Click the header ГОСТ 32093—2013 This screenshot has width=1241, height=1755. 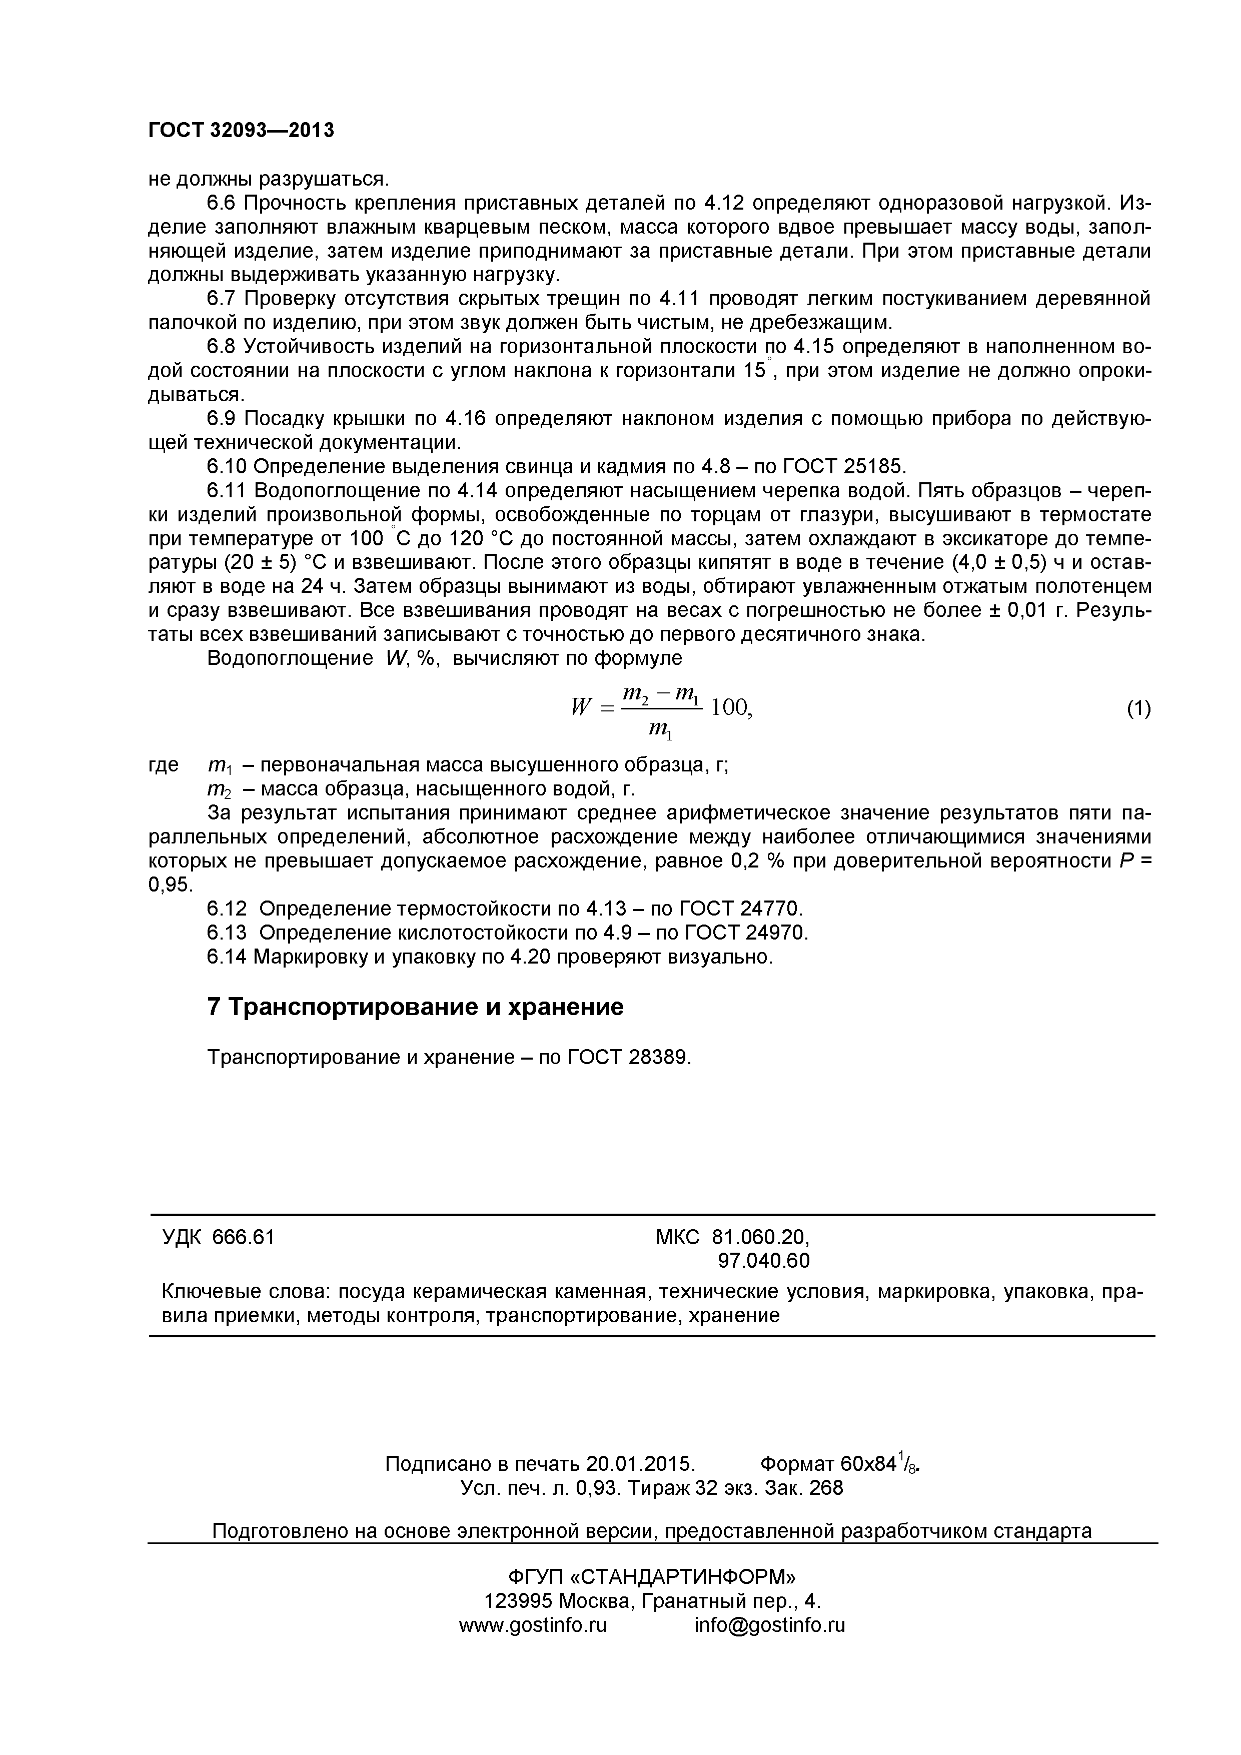coord(241,131)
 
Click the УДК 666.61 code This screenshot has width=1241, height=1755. coord(218,1237)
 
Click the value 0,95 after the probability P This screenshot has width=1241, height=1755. coord(170,885)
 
